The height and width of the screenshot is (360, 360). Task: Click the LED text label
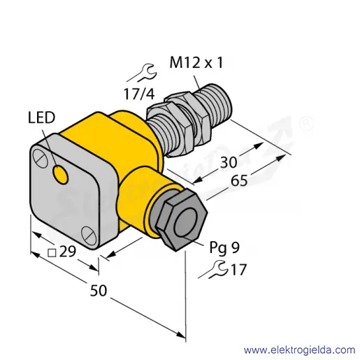41,117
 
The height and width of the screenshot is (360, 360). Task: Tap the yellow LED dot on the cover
61,174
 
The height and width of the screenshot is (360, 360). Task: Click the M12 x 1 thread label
196,63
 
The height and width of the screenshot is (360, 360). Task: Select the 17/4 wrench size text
139,94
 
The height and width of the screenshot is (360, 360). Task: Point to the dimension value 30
229,162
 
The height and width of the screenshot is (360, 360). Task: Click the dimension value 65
239,181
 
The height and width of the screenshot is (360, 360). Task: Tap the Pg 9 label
224,247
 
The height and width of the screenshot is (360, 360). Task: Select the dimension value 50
99,291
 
